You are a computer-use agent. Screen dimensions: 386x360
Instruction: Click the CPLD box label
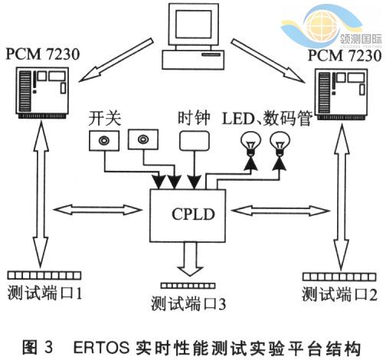(193, 214)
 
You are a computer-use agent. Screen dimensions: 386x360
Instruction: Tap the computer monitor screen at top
(193, 25)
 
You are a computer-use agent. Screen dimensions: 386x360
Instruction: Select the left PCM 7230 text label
(43, 54)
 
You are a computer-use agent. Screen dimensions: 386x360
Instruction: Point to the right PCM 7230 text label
(345, 55)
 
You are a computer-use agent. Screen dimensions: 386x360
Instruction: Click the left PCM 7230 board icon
(43, 93)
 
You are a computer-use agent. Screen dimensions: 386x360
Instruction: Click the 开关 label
(105, 119)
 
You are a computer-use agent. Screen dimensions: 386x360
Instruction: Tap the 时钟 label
(194, 118)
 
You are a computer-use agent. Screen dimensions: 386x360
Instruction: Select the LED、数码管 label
(267, 118)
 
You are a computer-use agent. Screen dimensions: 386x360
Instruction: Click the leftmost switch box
(104, 140)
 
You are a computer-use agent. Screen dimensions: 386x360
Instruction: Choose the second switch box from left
(143, 139)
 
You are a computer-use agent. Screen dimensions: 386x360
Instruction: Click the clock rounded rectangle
(195, 141)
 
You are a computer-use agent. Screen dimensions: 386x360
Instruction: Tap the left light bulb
(251, 144)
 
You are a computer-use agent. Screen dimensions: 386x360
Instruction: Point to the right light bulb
(280, 144)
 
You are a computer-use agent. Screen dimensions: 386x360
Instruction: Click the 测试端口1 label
(44, 293)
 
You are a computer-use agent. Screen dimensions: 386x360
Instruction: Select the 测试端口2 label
(339, 294)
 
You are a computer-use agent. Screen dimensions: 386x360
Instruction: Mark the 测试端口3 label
(188, 304)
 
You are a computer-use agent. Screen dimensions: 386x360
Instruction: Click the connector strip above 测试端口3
(188, 286)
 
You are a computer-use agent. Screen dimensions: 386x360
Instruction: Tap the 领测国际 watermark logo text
(361, 39)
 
